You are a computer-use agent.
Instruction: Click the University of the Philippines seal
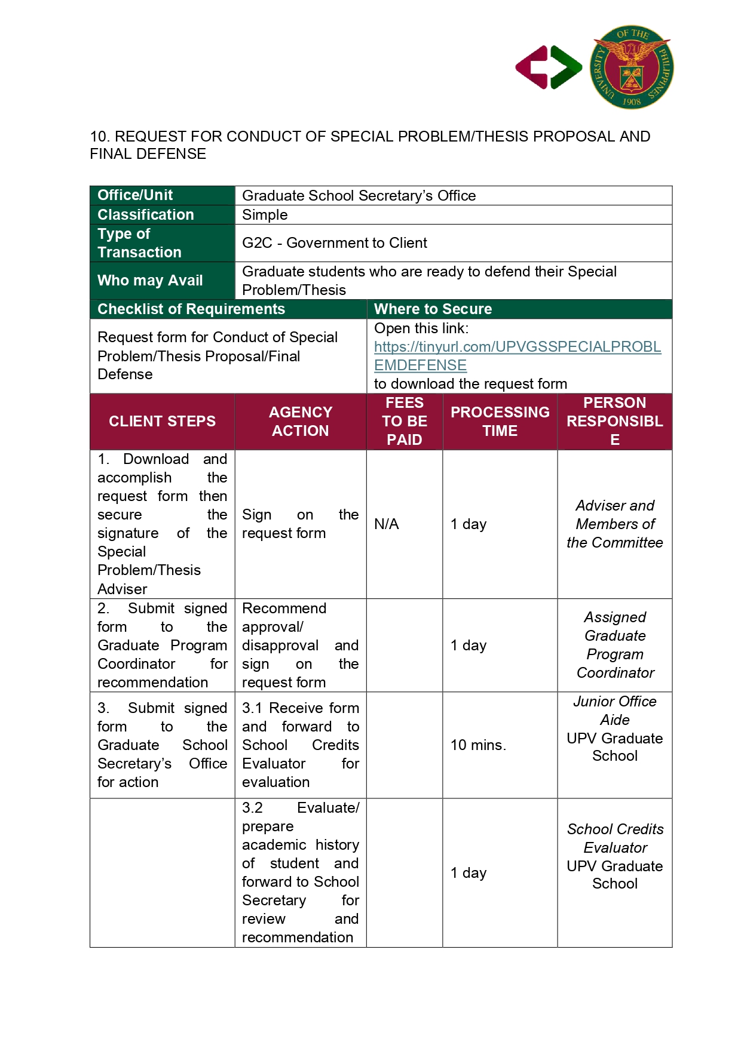click(x=632, y=67)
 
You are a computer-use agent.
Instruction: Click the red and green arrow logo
click(x=549, y=67)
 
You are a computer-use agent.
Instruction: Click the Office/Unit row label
click(x=135, y=195)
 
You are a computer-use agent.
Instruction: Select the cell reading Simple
click(x=265, y=215)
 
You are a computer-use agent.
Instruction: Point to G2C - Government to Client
click(x=334, y=243)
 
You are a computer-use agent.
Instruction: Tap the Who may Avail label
click(x=150, y=280)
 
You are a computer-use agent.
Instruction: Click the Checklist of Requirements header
click(x=191, y=309)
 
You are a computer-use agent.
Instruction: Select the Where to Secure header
click(x=433, y=309)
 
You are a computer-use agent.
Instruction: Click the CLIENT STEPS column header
click(x=162, y=421)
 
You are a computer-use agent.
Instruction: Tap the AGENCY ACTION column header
click(x=300, y=421)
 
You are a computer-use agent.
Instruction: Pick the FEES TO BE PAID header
click(x=405, y=421)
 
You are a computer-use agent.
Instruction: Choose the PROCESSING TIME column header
click(x=500, y=421)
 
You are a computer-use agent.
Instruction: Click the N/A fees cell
click(x=387, y=524)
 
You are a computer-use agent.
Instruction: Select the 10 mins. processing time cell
click(x=478, y=745)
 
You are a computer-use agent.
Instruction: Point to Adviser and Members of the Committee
click(x=614, y=524)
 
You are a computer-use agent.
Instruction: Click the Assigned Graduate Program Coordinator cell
click(x=614, y=645)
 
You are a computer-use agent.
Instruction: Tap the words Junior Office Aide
click(x=614, y=710)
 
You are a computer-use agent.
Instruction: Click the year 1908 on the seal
click(x=632, y=102)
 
